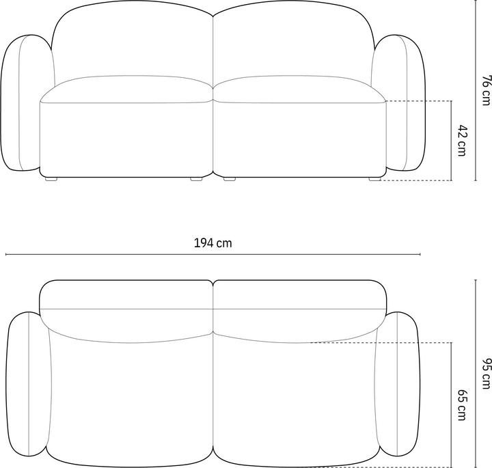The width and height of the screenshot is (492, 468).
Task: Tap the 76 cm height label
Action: (x=485, y=90)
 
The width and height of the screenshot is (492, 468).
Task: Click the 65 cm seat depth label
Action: (x=462, y=404)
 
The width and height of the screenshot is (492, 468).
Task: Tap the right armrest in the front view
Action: (x=400, y=102)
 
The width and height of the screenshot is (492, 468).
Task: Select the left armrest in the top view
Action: (x=27, y=384)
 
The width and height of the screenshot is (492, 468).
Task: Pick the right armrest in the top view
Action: (x=398, y=384)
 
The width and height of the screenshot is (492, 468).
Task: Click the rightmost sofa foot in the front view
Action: (x=374, y=180)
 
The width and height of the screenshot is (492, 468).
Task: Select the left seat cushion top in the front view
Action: (x=126, y=90)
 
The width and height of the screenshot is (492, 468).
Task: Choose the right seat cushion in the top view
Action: (x=295, y=396)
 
